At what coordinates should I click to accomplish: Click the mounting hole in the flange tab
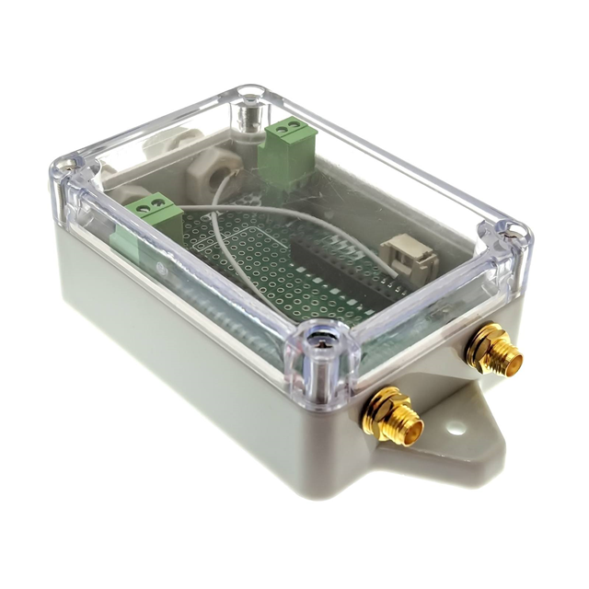(455, 427)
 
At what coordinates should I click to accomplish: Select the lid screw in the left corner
(67, 169)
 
